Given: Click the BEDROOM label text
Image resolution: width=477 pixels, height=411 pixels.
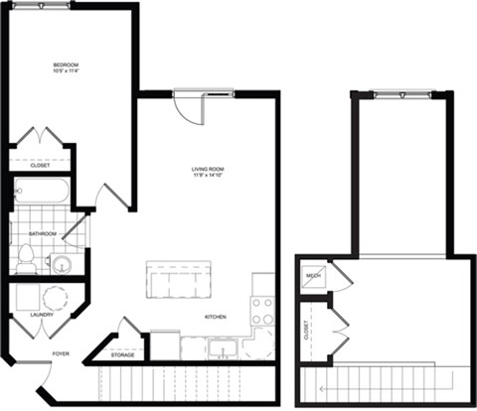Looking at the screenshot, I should (67, 65).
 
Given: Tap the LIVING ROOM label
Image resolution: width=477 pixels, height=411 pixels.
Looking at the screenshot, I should (208, 170).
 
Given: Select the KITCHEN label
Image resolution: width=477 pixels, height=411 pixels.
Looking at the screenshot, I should (216, 317).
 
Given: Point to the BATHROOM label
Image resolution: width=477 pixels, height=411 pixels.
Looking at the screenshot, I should (43, 234).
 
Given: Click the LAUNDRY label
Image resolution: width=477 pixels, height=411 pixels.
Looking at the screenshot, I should (27, 315).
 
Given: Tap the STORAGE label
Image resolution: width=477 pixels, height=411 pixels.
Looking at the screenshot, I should (122, 353).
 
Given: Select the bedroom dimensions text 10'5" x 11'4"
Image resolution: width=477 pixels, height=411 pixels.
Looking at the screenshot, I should (67, 71).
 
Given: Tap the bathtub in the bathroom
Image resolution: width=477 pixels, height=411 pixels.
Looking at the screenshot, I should (41, 191).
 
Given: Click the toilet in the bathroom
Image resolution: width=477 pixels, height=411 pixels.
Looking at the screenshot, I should (26, 261).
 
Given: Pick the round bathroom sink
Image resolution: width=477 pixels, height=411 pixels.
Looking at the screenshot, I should (61, 264).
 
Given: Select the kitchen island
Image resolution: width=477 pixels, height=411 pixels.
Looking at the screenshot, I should (179, 279).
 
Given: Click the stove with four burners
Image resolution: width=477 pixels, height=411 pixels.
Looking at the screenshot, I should (262, 311).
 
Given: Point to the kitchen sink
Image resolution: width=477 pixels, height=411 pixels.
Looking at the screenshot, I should (224, 347).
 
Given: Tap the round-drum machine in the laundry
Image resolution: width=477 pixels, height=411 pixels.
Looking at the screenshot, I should (54, 299).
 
